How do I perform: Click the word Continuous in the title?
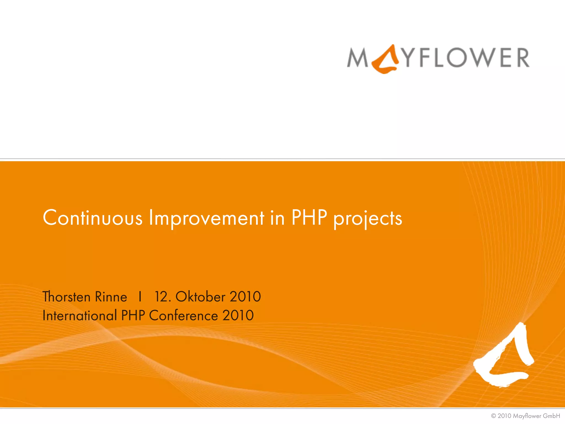pos(93,218)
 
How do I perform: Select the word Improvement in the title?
pos(206,218)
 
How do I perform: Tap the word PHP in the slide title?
pos(309,218)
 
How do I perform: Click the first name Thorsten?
pos(66,297)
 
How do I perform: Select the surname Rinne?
pos(111,297)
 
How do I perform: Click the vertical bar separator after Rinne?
pos(140,297)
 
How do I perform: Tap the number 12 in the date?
pos(161,297)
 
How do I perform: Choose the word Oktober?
pos(200,297)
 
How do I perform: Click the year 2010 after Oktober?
pos(245,297)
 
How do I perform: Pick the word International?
pos(80,316)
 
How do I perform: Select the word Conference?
pos(183,316)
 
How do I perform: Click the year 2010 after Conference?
pos(238,316)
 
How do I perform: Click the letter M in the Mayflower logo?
pos(358,58)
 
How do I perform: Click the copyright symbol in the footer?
pos(494,416)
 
